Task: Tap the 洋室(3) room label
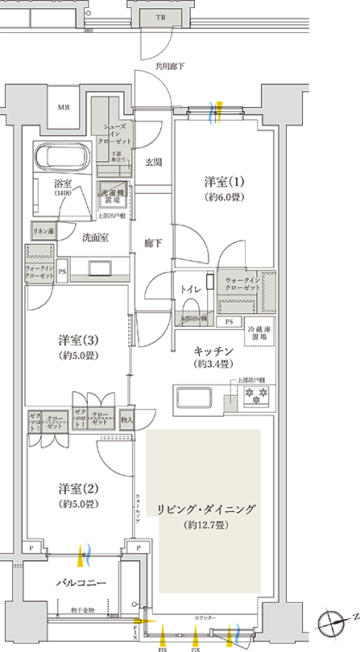78,340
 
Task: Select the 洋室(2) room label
78,489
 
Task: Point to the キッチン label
214,351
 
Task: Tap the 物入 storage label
127,419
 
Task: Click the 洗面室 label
95,237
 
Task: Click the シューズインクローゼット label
118,130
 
